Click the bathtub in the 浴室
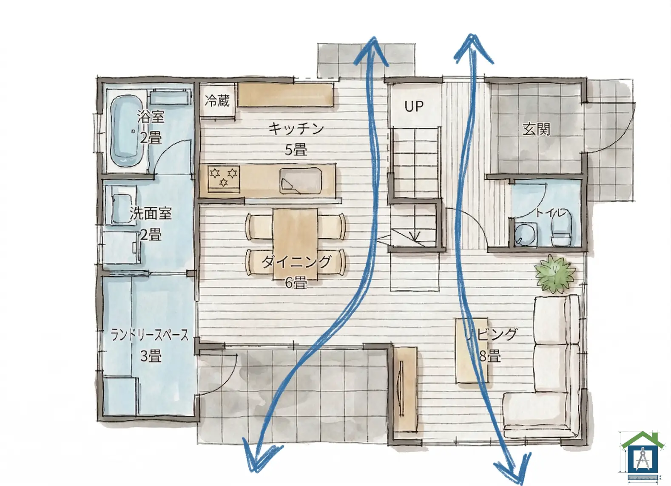(126, 131)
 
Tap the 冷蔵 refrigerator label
(217, 101)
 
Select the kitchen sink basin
(301, 181)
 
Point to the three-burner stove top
(224, 179)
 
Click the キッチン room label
(296, 129)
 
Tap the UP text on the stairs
(414, 106)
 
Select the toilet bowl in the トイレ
(561, 229)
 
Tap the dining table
(295, 244)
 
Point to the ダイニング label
(296, 261)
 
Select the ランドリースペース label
(150, 335)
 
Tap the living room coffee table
(472, 351)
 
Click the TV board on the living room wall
(405, 389)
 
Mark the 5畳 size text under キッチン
(296, 150)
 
